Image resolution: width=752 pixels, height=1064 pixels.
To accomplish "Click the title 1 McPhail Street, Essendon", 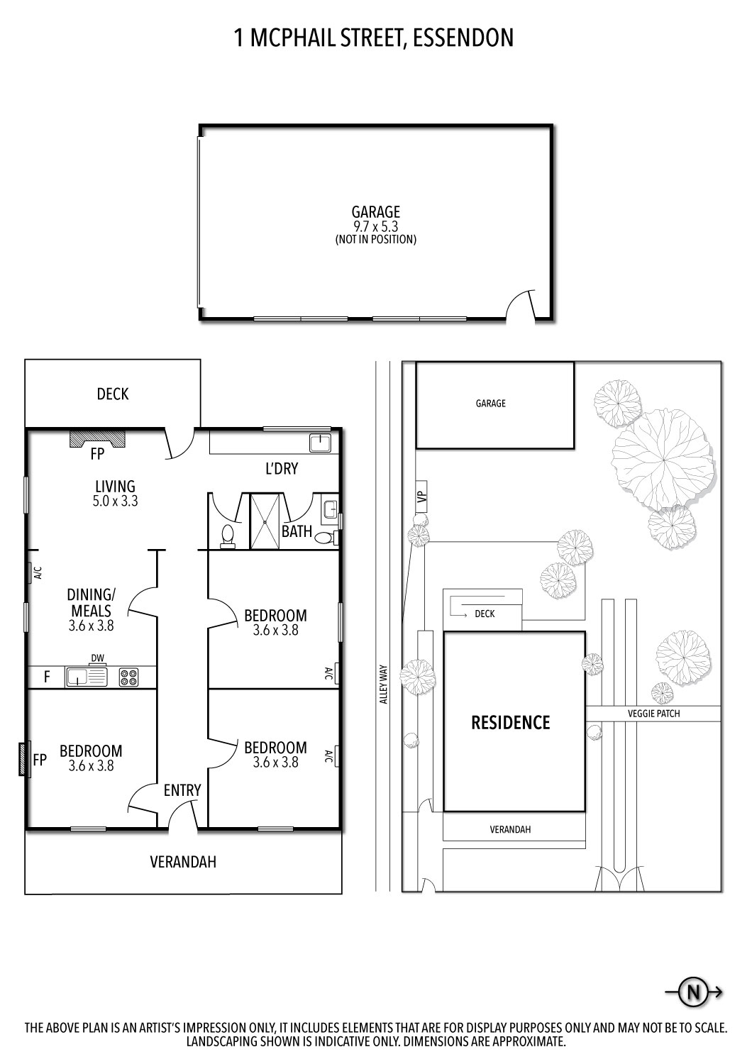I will (x=374, y=38).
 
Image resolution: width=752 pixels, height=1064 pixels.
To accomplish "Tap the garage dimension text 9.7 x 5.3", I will (x=375, y=226).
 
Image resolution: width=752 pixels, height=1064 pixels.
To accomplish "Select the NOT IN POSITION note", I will (x=375, y=240).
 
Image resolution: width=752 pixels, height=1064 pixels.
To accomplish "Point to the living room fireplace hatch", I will (x=96, y=438).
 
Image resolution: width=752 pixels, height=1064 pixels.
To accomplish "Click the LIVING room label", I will (x=115, y=487).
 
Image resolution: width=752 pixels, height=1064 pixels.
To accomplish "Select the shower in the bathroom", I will (x=265, y=521).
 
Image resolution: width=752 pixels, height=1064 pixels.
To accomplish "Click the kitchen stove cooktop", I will (x=128, y=677).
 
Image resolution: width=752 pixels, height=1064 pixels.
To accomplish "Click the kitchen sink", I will (x=86, y=677).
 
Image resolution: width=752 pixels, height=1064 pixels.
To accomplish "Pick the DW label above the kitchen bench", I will (x=97, y=658).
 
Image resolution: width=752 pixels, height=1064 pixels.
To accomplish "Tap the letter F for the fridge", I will (x=47, y=677).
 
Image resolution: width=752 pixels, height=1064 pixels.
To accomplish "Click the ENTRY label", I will (x=182, y=790).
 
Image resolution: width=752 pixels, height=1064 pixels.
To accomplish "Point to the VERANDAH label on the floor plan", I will (x=183, y=862).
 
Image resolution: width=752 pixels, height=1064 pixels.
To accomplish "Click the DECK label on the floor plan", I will (x=113, y=394).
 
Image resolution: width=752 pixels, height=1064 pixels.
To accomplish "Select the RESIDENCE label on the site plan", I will (x=511, y=722).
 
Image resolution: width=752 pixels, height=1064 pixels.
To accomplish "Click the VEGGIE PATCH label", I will (x=653, y=714).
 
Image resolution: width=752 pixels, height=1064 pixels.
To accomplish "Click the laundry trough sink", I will (x=319, y=443).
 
